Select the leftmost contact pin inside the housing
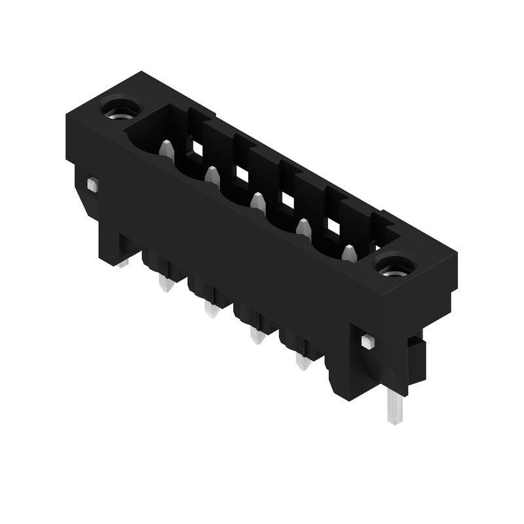point(167,149)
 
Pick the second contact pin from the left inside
point(212,175)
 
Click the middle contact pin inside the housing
point(257,201)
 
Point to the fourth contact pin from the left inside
point(303,227)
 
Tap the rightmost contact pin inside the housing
point(349,252)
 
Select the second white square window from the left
point(242,174)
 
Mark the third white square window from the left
point(288,199)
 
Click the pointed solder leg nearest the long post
point(302,362)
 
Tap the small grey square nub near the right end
point(367,340)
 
